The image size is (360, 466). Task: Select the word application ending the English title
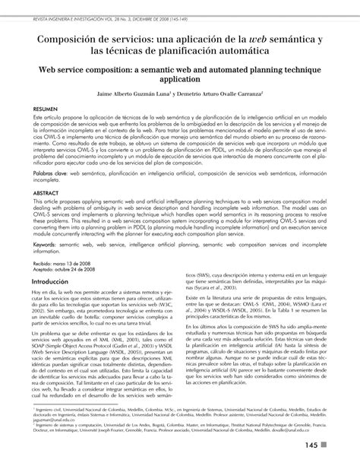click(179, 78)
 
